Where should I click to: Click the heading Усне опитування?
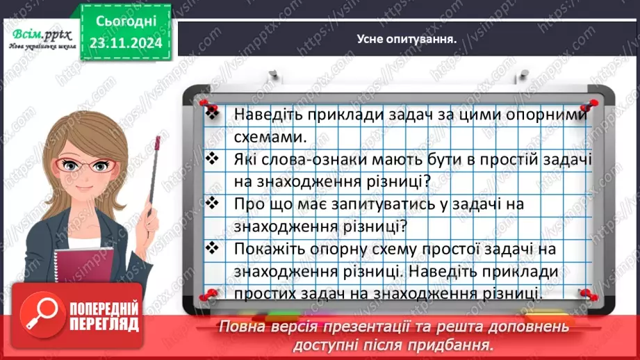tap(406, 39)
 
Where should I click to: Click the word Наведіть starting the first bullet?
tap(266, 113)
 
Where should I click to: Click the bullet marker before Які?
tap(213, 158)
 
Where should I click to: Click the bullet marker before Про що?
tap(213, 204)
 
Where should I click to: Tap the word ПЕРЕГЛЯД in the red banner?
tap(102, 324)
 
